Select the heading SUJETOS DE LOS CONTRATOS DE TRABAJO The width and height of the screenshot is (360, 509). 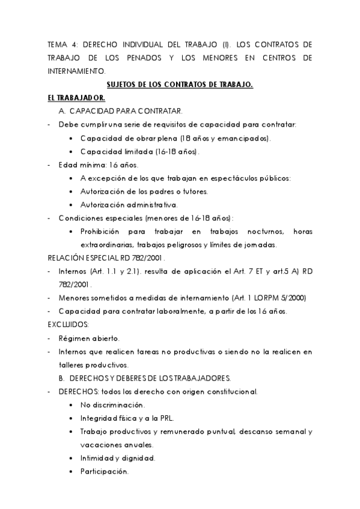[179, 85]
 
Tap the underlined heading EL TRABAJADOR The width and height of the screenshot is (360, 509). [76, 98]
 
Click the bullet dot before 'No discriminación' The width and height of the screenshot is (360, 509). [72, 405]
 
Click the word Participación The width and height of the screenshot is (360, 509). [105, 472]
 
